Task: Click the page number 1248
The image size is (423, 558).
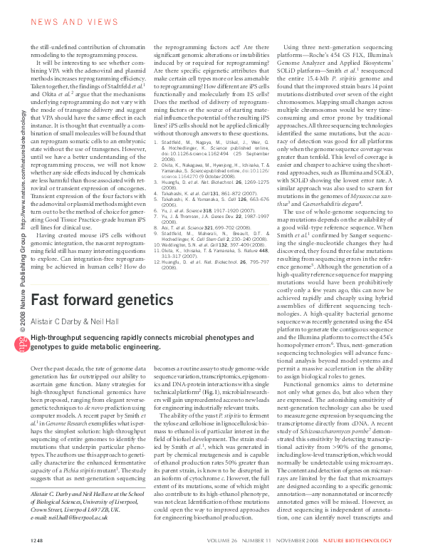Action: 38,541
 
